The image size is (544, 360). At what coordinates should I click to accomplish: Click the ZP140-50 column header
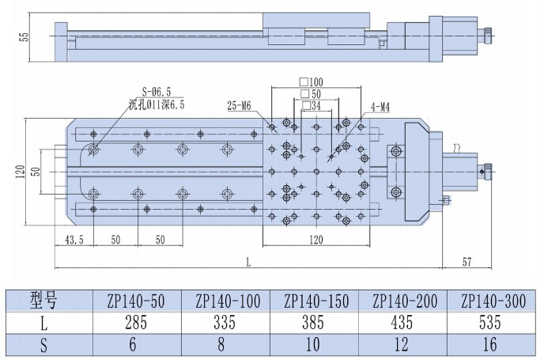point(136,301)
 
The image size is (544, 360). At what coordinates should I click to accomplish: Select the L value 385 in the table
point(313,323)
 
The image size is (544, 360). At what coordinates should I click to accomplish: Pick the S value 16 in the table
point(489,344)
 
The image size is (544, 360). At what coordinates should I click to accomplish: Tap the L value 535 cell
point(490,323)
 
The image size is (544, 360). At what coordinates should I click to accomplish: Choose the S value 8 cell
point(221,344)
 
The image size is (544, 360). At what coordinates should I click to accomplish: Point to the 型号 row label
point(43,301)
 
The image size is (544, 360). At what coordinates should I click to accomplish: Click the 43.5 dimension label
point(74,240)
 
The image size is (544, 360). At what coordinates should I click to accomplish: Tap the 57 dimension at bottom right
point(467,261)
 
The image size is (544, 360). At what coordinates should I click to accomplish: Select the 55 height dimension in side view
point(25,37)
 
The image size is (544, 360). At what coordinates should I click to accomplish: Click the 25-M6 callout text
point(239,105)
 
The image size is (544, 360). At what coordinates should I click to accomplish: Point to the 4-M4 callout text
point(380,108)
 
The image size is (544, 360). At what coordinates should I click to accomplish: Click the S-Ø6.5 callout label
point(157,92)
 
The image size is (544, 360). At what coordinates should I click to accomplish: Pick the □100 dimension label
point(312,82)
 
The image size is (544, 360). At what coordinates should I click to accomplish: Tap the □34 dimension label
point(312,105)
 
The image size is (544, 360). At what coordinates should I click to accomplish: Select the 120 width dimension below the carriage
point(315,240)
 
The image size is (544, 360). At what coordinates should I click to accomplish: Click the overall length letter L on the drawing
point(248,263)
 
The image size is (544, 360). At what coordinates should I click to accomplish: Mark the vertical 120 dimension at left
point(21,172)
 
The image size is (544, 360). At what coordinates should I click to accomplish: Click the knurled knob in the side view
point(489,36)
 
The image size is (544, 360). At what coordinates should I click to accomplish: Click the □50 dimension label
point(311,93)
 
